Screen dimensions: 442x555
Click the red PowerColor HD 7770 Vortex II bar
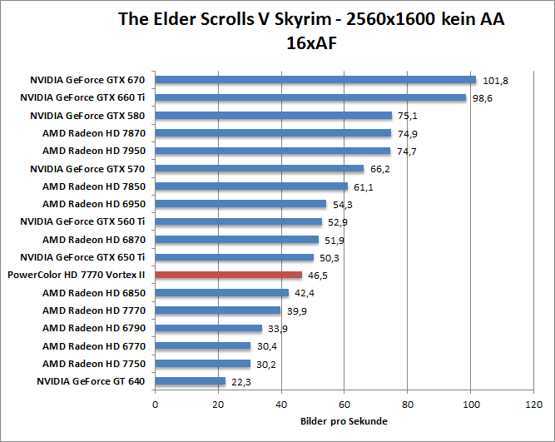tap(229, 274)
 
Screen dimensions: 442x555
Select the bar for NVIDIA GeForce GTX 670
tap(315, 80)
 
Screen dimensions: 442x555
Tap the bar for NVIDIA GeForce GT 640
tap(191, 380)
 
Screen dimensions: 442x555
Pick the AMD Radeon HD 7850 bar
tap(251, 186)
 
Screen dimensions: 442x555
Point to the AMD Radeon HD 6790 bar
tap(209, 328)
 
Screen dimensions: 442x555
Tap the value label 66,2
tap(379, 169)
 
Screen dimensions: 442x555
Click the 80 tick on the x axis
tap(408, 405)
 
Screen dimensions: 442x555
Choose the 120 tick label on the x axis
tap(533, 405)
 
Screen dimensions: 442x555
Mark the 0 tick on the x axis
tap(156, 405)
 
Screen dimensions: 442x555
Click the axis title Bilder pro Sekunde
tap(344, 421)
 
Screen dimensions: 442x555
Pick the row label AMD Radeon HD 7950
tap(94, 151)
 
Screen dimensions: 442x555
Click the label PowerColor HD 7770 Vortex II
tap(77, 275)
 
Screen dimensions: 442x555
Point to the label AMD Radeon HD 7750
tap(94, 363)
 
